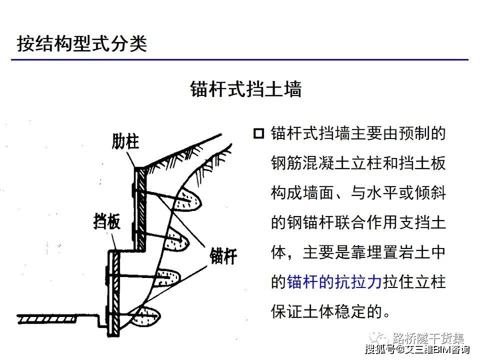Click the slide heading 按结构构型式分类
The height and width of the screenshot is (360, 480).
[81, 43]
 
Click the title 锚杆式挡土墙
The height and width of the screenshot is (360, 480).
[246, 89]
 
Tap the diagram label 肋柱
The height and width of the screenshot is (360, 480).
[125, 141]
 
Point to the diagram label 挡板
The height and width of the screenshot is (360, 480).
[106, 221]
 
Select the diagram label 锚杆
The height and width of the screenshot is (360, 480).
[223, 256]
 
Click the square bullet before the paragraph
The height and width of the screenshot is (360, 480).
[258, 134]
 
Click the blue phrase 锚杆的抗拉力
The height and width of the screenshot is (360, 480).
[334, 282]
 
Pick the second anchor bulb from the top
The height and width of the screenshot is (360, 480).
[176, 240]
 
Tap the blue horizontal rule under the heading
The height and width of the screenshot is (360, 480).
[239, 59]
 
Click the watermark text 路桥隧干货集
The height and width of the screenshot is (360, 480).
[428, 338]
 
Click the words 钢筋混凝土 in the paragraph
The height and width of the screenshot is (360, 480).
[310, 163]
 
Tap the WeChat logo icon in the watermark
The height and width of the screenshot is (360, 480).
[379, 338]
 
